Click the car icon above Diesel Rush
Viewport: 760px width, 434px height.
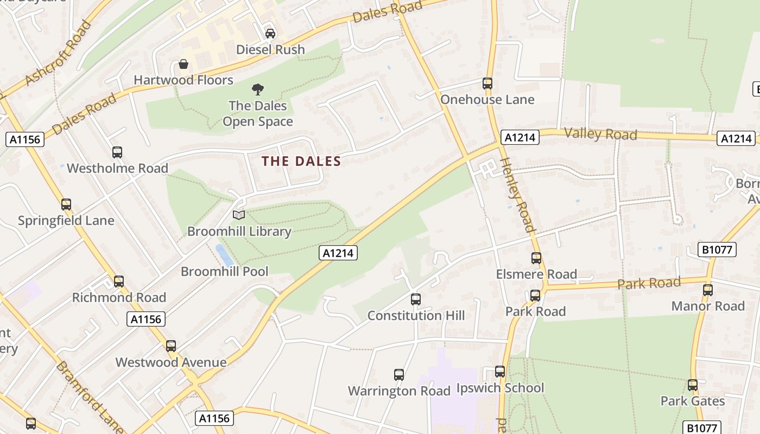(270, 33)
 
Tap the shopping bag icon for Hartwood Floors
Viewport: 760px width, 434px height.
(183, 64)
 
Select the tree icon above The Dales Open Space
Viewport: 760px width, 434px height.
(258, 89)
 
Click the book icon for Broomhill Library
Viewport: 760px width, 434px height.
(239, 215)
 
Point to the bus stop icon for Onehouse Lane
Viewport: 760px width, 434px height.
(487, 84)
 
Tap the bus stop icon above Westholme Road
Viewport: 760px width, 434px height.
(117, 152)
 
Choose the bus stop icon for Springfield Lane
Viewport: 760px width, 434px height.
(66, 205)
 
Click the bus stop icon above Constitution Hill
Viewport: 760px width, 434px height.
(416, 299)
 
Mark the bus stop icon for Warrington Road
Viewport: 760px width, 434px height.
(399, 374)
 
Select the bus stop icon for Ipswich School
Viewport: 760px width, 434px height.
(500, 372)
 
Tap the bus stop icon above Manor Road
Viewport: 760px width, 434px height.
(708, 290)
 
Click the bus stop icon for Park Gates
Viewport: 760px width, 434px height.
(693, 385)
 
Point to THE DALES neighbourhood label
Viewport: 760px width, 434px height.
(301, 161)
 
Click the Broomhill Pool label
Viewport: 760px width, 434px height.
(225, 271)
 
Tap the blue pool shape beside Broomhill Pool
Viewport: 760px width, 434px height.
(224, 254)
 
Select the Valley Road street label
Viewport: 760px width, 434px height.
(600, 133)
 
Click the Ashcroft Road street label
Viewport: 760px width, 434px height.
(59, 52)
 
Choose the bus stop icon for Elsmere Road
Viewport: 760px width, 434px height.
(536, 258)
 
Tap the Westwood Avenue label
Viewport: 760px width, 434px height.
(171, 362)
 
